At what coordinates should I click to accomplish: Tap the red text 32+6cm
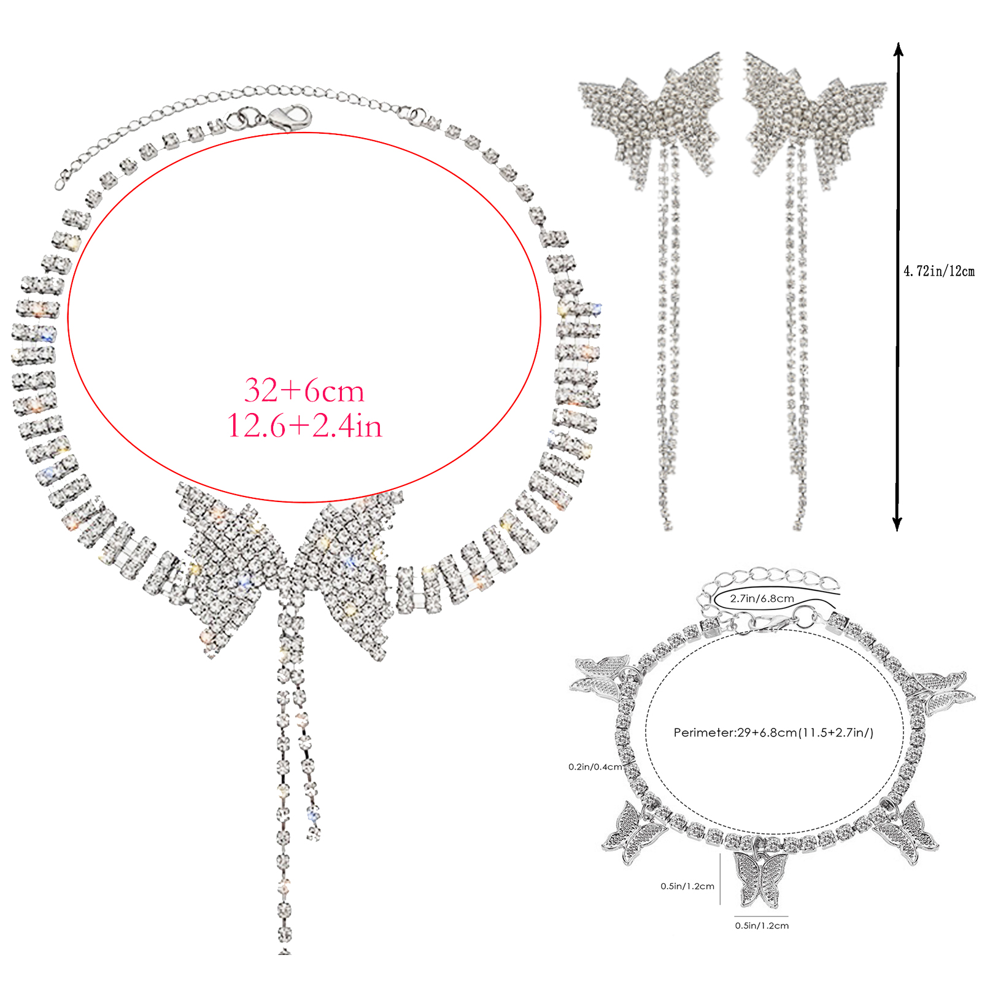click(304, 391)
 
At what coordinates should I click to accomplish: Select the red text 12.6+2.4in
click(304, 425)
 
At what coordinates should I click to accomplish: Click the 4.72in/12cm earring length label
click(939, 271)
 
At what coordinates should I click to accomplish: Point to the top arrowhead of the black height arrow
click(898, 48)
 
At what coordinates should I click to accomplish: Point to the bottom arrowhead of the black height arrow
click(897, 524)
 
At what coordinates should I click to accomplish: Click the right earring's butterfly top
click(815, 117)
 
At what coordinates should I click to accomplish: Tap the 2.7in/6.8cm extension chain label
click(762, 598)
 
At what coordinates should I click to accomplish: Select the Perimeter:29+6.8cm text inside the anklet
click(773, 732)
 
